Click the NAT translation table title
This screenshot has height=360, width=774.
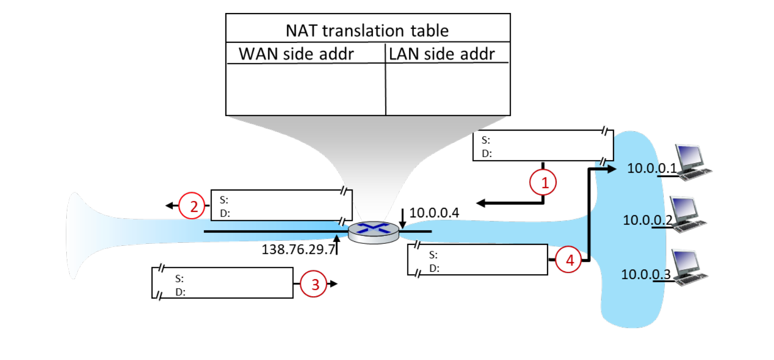click(367, 31)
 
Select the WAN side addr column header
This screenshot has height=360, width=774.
click(296, 54)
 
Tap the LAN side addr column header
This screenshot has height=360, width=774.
click(442, 54)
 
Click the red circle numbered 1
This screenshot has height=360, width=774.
click(543, 182)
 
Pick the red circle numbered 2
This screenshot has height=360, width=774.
click(192, 205)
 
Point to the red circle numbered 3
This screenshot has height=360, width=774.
click(313, 284)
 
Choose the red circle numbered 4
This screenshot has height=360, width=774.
click(569, 259)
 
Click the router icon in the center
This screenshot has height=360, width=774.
click(374, 232)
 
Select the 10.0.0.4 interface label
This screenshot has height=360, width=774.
click(434, 213)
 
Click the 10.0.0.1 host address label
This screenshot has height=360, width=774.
click(652, 168)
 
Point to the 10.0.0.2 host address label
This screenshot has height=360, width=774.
click(648, 220)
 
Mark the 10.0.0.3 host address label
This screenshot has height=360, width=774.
click(646, 274)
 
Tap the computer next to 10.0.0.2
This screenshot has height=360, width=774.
click(689, 214)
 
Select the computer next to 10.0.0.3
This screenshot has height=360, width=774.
click(690, 268)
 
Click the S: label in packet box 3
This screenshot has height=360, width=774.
click(180, 278)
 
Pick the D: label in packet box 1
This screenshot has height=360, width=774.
click(487, 154)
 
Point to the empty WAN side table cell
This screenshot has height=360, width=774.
click(306, 89)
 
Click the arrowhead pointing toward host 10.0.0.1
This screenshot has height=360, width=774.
click(612, 169)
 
